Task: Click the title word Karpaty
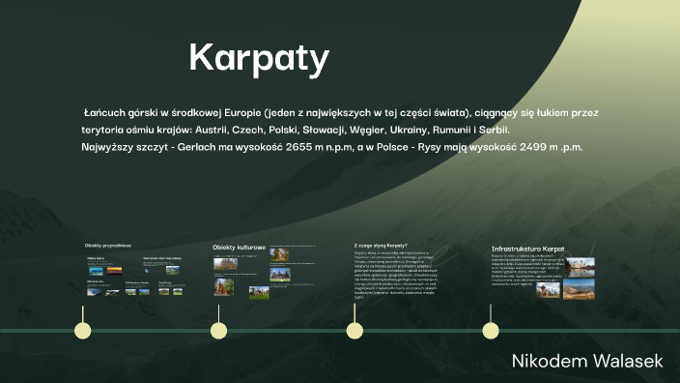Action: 259,58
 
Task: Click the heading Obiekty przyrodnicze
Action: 107,246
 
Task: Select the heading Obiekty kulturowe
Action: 239,248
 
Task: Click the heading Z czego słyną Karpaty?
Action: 381,246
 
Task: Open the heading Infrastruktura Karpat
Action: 528,250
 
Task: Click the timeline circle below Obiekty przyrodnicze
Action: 83,331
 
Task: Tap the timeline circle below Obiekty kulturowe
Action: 219,331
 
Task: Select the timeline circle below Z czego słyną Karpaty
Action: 355,331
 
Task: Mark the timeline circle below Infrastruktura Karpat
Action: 491,331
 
